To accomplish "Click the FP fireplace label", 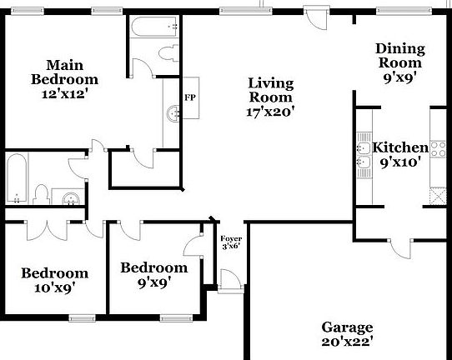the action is point(190,97).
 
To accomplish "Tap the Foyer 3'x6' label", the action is point(231,242).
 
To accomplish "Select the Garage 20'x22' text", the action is point(348,335).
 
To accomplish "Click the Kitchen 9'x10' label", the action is point(400,155).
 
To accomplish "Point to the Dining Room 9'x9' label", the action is point(400,63).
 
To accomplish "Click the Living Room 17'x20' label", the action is point(271,97).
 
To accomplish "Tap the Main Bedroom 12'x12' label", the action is point(64,79).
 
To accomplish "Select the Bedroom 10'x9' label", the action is point(55,280).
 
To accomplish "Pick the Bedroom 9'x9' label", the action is point(154,275).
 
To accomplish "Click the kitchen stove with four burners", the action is point(438,149).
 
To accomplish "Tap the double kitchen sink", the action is point(364,156).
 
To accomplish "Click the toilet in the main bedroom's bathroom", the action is point(168,53).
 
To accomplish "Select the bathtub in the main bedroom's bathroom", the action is point(154,27).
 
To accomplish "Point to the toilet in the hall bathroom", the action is point(40,194).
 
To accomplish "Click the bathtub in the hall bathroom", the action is point(17,178).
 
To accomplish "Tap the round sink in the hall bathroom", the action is point(71,198).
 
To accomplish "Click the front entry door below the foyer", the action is point(231,281).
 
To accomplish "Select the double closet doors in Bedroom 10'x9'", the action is point(47,230).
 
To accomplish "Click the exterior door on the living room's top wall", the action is point(317,17).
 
